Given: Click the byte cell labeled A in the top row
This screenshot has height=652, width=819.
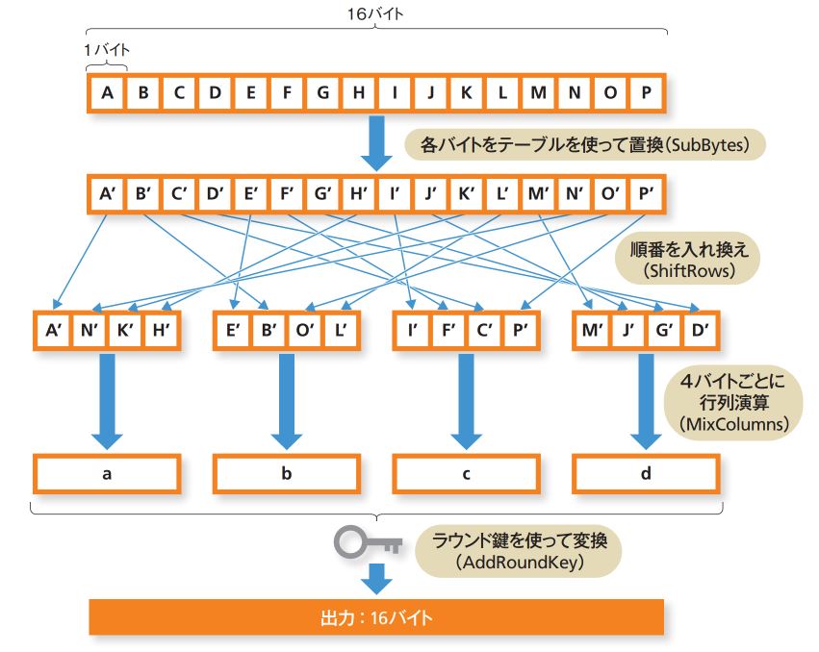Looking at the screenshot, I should (107, 93).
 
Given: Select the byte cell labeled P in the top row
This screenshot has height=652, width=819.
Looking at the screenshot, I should (646, 93).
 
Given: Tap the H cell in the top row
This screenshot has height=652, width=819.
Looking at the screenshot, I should (358, 93).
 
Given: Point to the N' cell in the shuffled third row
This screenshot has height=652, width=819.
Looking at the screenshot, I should (89, 330).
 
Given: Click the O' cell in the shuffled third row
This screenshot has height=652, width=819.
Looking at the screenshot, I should (304, 330).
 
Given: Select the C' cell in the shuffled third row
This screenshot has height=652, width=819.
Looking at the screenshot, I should (484, 330).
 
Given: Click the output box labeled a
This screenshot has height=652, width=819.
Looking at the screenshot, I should (106, 474).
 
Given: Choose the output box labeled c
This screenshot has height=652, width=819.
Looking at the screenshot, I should (466, 474).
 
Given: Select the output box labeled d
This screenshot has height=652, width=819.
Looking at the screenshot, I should (646, 474).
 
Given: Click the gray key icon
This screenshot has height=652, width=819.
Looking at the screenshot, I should (367, 544).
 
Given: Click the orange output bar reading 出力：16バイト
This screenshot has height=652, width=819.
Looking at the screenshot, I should (376, 615).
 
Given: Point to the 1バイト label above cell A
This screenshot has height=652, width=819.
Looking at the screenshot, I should (106, 49).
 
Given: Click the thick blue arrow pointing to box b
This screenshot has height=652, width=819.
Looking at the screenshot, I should (286, 399).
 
